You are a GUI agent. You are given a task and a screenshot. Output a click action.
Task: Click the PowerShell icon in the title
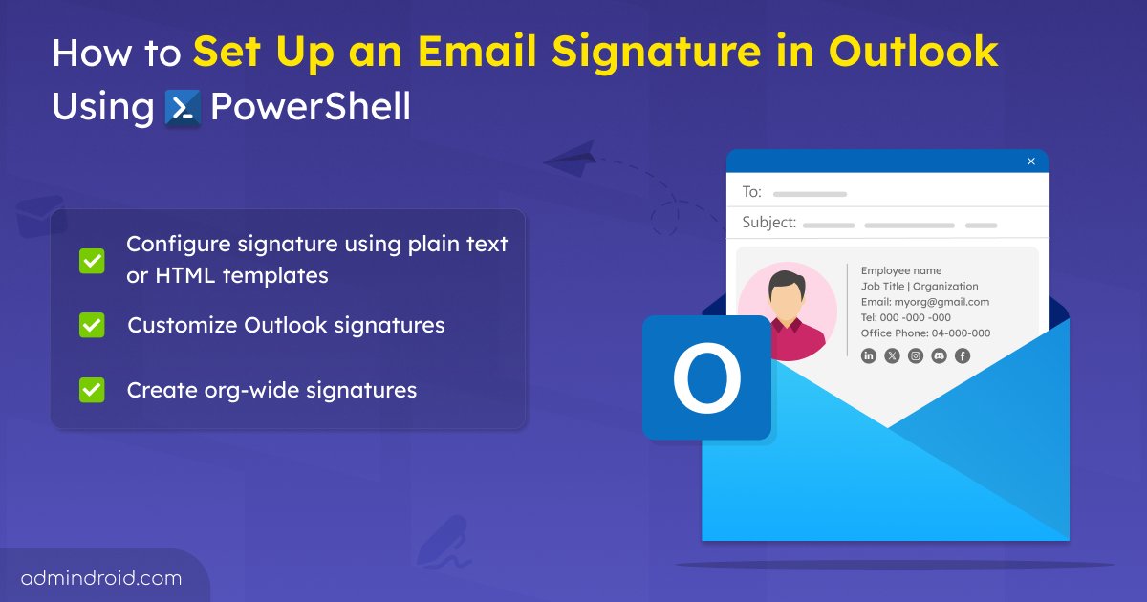pos(183,107)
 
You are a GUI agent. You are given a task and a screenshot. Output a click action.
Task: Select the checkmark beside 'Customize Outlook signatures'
pos(92,325)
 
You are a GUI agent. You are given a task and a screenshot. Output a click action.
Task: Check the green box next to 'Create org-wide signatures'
pos(92,390)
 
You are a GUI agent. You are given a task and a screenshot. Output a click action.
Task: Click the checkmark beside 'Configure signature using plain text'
pos(92,260)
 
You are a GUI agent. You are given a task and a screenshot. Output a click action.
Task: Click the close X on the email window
pos(1030,161)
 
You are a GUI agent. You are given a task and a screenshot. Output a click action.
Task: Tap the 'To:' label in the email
pos(752,192)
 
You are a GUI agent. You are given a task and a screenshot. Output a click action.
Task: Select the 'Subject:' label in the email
pos(768,223)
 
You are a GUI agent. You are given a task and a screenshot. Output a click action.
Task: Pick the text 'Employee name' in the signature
pos(901,270)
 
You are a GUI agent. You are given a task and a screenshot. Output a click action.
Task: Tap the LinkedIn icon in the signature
pos(869,355)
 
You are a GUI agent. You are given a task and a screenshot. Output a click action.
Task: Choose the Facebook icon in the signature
pos(963,355)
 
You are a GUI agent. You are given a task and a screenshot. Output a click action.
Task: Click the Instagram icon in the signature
pos(916,355)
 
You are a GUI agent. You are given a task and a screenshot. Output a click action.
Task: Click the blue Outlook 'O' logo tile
pos(706,377)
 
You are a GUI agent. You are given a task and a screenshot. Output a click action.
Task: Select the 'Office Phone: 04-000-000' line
pos(925,333)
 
